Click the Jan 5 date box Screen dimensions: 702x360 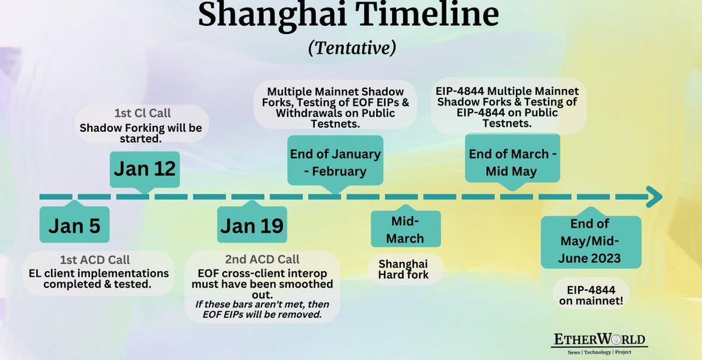pyautogui.click(x=75, y=224)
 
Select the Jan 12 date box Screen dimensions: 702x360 pyautogui.click(x=145, y=169)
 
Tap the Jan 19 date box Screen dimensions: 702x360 pyautogui.click(x=252, y=224)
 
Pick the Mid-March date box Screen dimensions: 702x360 pyautogui.click(x=406, y=229)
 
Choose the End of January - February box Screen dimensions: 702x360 pyautogui.click(x=335, y=160)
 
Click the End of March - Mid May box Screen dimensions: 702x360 pyautogui.click(x=512, y=159)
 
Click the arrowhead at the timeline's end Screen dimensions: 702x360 pyautogui.click(x=655, y=197)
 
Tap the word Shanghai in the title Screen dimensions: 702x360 pyautogui.click(x=273, y=14)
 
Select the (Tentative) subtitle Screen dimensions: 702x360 pyautogui.click(x=352, y=48)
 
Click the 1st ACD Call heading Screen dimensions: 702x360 pyautogui.click(x=95, y=260)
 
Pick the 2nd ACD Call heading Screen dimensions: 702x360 pyautogui.click(x=262, y=259)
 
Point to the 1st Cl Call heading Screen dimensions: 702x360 pyautogui.click(x=142, y=113)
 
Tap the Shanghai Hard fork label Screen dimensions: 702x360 pyautogui.click(x=403, y=269)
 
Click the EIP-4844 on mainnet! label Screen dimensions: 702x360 pyautogui.click(x=591, y=295)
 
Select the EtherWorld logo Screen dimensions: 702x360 pyautogui.click(x=599, y=344)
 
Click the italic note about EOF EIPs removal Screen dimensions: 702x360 pyautogui.click(x=262, y=309)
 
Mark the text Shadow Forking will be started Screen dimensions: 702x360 pyautogui.click(x=141, y=133)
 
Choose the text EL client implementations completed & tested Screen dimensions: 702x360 pyautogui.click(x=98, y=279)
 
